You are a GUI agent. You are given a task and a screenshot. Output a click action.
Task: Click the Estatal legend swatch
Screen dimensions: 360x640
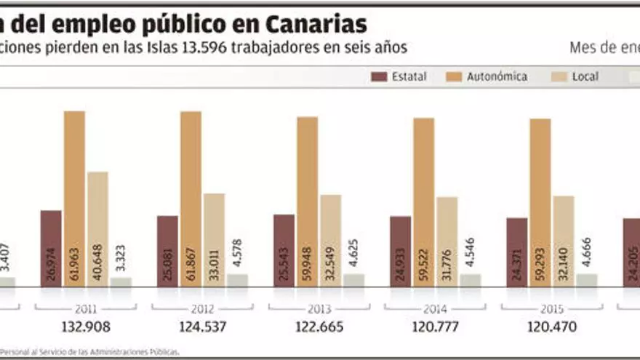point(378,76)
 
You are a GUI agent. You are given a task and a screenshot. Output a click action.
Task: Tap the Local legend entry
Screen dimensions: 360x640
point(585,76)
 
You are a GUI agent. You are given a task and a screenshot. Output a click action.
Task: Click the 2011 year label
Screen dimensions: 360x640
point(86,308)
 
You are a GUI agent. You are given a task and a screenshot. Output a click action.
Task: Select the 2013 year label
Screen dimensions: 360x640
point(319,308)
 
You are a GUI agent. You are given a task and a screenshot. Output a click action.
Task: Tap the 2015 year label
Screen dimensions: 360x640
point(551,308)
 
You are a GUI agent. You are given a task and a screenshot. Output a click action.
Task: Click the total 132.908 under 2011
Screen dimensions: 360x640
point(86,327)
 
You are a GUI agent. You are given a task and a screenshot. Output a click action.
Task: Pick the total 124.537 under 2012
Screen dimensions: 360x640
point(202,327)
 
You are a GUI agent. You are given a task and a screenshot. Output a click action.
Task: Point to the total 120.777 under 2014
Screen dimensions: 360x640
point(435,327)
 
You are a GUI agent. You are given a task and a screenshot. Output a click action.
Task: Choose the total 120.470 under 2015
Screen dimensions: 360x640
point(551,327)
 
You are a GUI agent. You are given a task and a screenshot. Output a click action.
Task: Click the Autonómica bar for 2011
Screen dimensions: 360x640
point(74,196)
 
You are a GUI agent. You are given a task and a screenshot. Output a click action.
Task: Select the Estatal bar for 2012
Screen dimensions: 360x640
point(167,251)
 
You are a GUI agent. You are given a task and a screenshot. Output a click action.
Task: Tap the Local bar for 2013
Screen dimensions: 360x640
point(330,240)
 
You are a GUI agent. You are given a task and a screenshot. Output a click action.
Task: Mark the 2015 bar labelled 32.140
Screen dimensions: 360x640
point(563,240)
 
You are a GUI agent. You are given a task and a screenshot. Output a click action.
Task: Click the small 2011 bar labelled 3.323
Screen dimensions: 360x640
point(121,281)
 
